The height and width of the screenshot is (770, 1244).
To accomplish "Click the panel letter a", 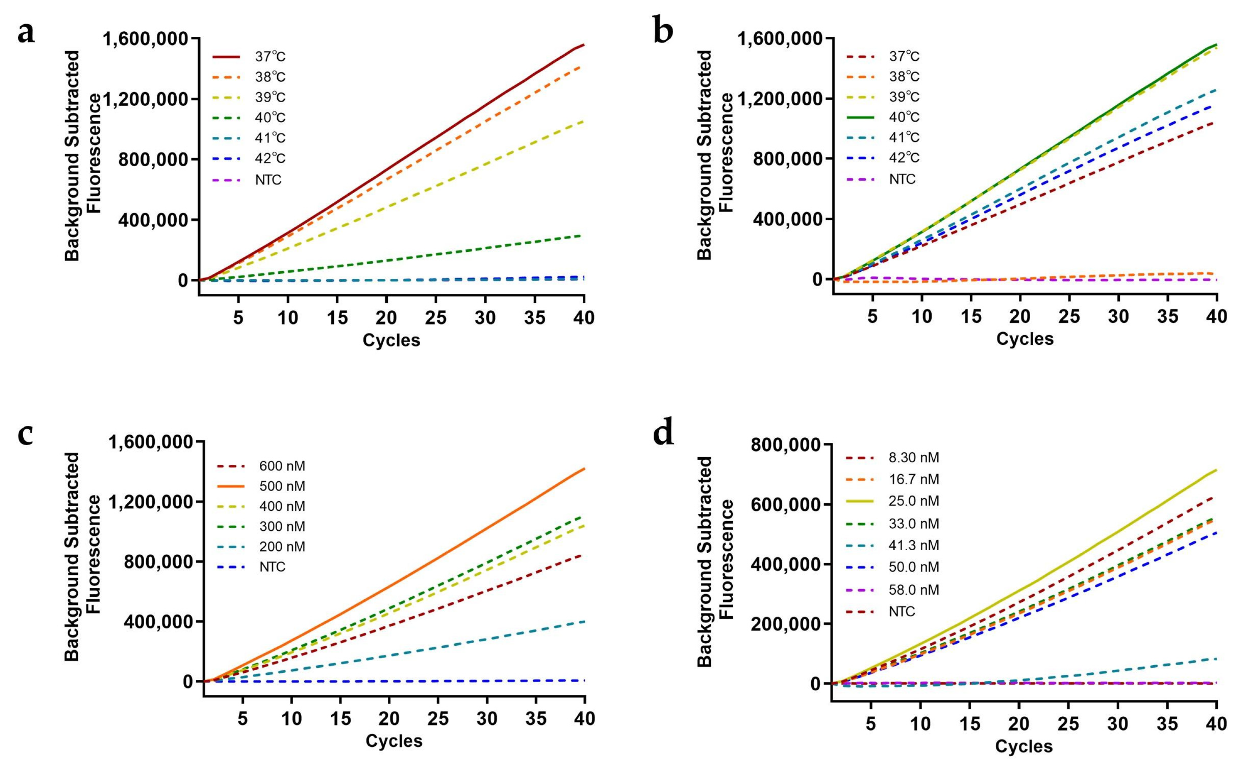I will (27, 33).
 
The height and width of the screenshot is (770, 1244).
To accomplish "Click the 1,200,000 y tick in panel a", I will (145, 98).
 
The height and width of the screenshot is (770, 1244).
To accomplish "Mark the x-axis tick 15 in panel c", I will (340, 718).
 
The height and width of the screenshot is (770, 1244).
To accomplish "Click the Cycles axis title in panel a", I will (391, 340).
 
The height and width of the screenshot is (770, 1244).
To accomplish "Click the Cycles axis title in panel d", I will (1023, 747).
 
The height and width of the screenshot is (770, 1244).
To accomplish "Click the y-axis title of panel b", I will (715, 156).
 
